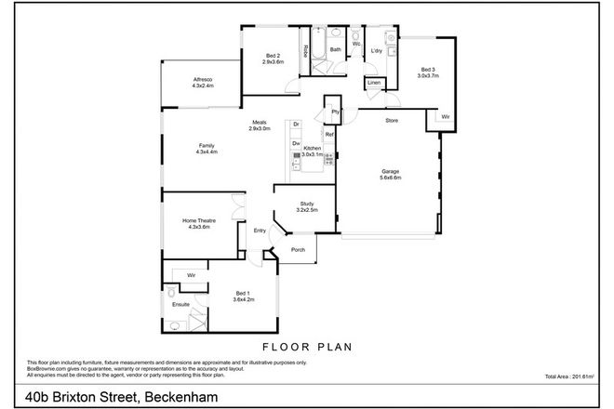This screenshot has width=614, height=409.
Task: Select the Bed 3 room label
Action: pos(427,71)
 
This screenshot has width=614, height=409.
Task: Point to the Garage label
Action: pos(390,172)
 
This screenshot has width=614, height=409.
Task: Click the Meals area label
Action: pos(258,123)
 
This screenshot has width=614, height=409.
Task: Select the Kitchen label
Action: pos(312,148)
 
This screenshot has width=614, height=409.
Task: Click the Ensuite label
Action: pos(180,304)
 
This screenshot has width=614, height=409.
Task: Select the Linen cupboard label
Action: pos(374,84)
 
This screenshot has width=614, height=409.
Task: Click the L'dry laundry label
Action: pos(377,50)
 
